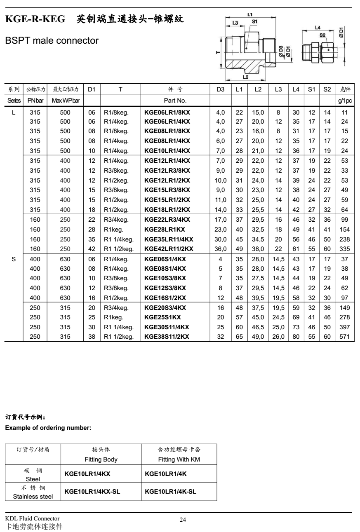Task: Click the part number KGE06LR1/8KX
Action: tap(167, 112)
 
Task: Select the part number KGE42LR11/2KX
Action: tap(169, 248)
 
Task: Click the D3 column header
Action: tap(221, 89)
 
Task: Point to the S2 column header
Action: tap(327, 89)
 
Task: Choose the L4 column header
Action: tap(296, 89)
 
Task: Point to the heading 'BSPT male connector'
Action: tap(52, 41)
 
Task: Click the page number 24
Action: tap(183, 520)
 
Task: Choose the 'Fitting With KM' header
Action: tap(179, 459)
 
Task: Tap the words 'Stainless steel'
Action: tap(33, 497)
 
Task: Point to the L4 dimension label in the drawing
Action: tap(318, 28)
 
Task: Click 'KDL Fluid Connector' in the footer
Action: tap(32, 518)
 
